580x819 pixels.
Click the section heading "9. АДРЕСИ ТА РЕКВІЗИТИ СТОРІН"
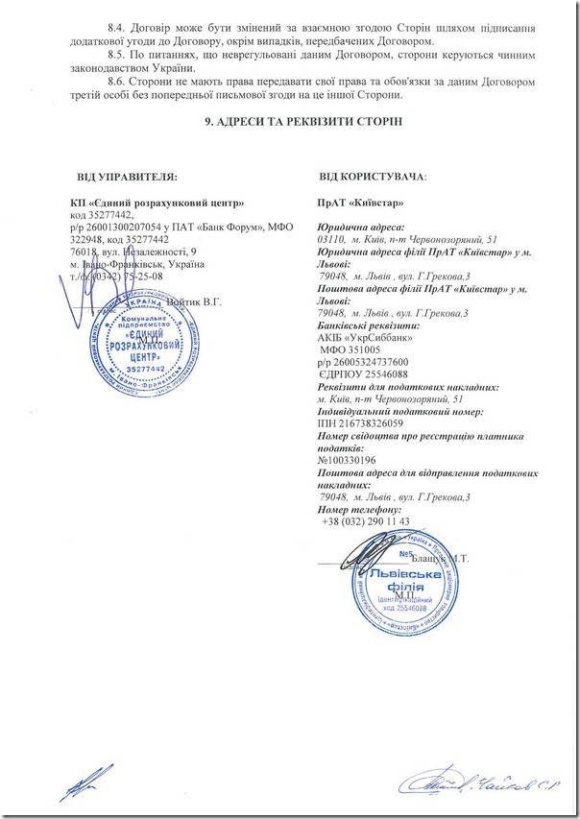(x=289, y=122)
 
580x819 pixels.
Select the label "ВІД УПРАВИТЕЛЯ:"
(x=128, y=177)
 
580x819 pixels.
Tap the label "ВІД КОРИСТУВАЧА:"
(x=374, y=177)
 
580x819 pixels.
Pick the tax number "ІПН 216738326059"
(x=362, y=423)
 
